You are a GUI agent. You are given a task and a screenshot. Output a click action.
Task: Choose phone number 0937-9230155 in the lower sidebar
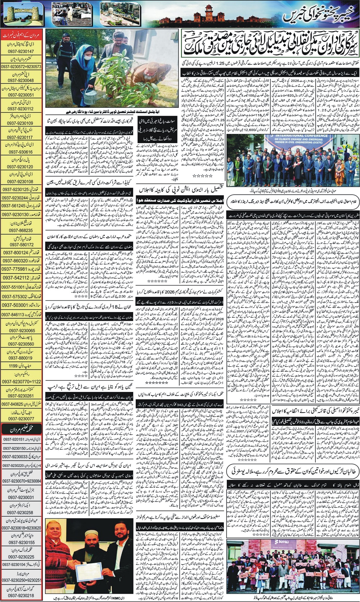point(21,542)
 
